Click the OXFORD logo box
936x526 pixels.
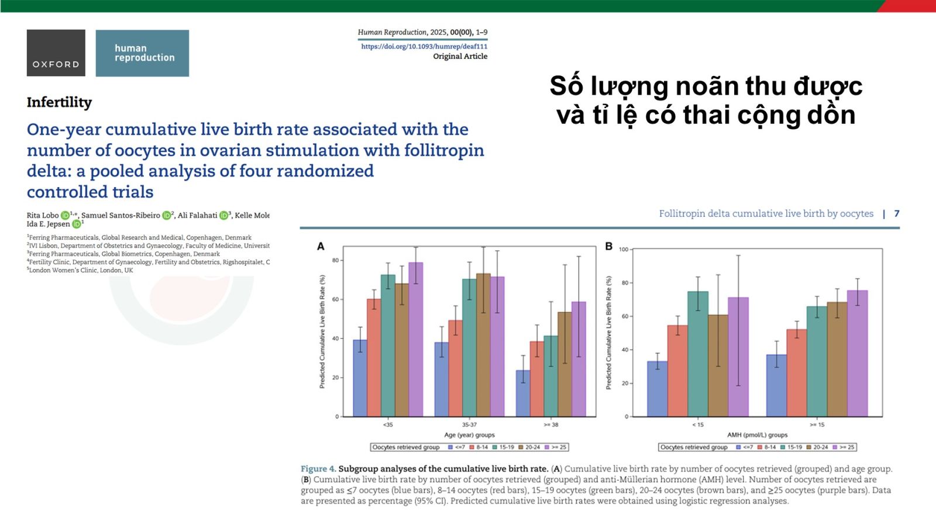pos(56,53)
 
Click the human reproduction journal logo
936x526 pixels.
pos(142,53)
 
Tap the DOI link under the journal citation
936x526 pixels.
pos(424,46)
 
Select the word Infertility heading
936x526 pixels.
pos(59,102)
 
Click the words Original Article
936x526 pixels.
pos(460,56)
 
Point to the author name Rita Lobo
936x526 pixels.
pos(43,215)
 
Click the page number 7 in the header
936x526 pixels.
pos(896,213)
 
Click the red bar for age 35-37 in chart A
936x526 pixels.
pos(455,368)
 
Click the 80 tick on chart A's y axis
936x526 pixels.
pos(335,260)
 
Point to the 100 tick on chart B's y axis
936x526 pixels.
pos(623,250)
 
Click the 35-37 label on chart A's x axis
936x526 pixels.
pos(469,424)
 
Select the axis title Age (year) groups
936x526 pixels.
pos(469,435)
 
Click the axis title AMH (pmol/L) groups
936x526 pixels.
pos(757,435)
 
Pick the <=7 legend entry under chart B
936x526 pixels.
pos(744,447)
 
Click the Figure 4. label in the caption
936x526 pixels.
pos(318,469)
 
